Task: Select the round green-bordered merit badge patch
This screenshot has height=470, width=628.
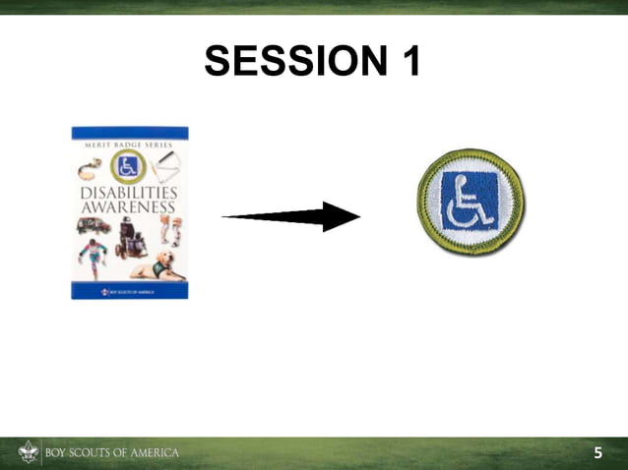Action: [x=471, y=203]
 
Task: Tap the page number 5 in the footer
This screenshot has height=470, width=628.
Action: [x=597, y=453]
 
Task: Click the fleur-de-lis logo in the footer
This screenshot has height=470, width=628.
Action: [x=28, y=452]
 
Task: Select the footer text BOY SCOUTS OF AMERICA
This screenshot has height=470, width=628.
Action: [x=111, y=453]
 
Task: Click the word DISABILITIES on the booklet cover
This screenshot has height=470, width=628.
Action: [x=129, y=194]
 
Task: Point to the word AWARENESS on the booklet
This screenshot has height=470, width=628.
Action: [x=129, y=208]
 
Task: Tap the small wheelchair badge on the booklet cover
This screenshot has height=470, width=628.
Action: [x=128, y=167]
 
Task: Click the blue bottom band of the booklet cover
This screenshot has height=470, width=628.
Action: [x=129, y=292]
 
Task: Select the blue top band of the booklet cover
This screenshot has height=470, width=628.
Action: [x=129, y=132]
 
